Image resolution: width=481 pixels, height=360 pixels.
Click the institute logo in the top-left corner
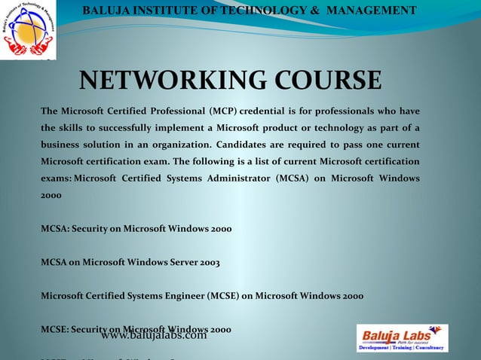tap(28, 30)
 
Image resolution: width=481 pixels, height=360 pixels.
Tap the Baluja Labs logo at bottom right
tap(402, 337)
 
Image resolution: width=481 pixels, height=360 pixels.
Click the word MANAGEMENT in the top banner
tap(369, 10)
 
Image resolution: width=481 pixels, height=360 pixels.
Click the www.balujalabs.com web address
tap(153, 335)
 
